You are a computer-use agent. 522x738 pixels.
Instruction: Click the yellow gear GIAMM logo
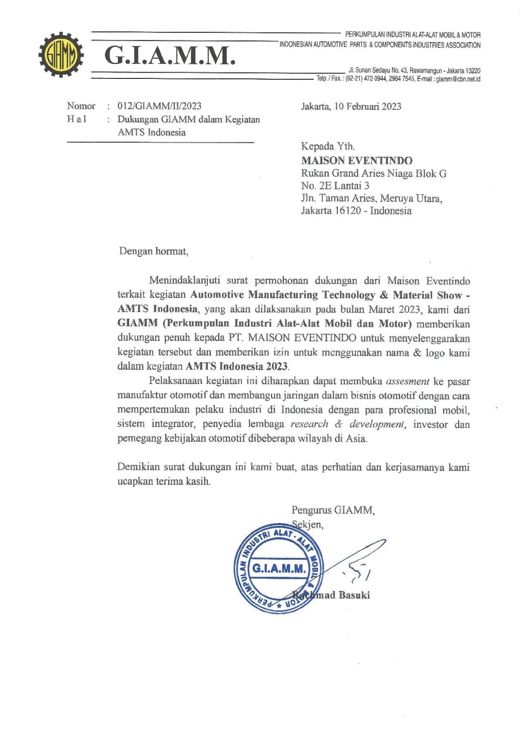coord(61,55)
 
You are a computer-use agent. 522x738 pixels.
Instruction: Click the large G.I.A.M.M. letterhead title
coord(170,55)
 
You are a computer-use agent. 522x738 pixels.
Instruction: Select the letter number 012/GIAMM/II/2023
coord(159,106)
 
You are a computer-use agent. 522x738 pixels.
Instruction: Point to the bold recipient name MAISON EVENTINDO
coord(357,161)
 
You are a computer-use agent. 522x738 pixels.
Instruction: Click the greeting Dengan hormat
coord(153,251)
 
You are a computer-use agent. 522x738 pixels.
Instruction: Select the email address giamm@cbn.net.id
coord(458,79)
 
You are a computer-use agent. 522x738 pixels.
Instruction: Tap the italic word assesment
coord(407,381)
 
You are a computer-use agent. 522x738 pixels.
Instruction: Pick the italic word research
coord(309,424)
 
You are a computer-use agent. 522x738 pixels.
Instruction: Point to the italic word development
coord(377,424)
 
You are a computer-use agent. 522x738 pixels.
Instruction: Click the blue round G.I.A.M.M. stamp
coord(279,568)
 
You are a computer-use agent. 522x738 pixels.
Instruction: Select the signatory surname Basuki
coord(354,595)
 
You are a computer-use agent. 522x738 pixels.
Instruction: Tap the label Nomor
coord(81,106)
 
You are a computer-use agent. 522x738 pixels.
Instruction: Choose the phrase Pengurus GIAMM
coord(333,510)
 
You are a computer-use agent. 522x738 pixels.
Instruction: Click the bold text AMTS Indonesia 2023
coord(237,366)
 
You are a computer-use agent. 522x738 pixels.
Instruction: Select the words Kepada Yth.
coord(328,146)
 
